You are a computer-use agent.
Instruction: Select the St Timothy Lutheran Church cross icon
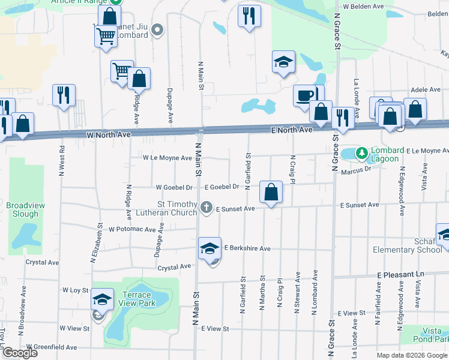(x=206, y=207)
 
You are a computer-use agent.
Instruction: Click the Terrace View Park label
(x=139, y=299)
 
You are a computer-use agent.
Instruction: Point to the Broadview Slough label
(x=25, y=209)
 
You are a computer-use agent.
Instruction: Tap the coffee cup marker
(x=305, y=95)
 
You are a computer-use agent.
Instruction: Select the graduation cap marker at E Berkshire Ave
(x=209, y=248)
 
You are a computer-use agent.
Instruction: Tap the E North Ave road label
(x=292, y=130)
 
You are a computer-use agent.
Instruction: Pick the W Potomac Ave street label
(x=136, y=229)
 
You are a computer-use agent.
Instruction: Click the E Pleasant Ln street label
(x=400, y=274)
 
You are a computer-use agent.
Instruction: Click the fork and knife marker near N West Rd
(x=63, y=95)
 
